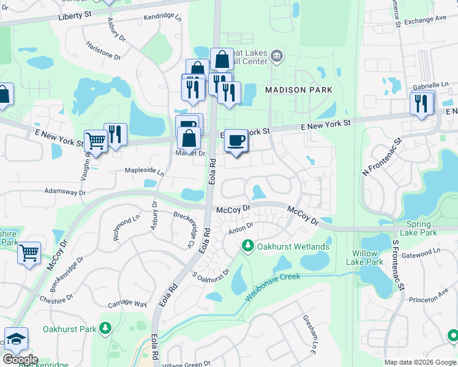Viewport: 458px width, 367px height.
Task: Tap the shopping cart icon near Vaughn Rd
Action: (x=95, y=141)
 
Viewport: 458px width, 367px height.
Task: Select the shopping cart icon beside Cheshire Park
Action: (x=29, y=252)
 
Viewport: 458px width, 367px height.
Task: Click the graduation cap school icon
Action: (x=16, y=339)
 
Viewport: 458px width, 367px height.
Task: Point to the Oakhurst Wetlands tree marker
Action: (x=247, y=246)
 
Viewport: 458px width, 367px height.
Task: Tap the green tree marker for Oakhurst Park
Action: (x=105, y=329)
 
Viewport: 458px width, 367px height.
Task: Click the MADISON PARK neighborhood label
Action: (x=298, y=90)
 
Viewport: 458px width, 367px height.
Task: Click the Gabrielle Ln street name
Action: (x=431, y=85)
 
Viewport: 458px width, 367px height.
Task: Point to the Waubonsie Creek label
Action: (x=273, y=287)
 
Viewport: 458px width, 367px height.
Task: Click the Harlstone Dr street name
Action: (x=103, y=50)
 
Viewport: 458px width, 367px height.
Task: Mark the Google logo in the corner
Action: (x=20, y=360)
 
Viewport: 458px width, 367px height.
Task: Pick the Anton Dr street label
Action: (x=241, y=228)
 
